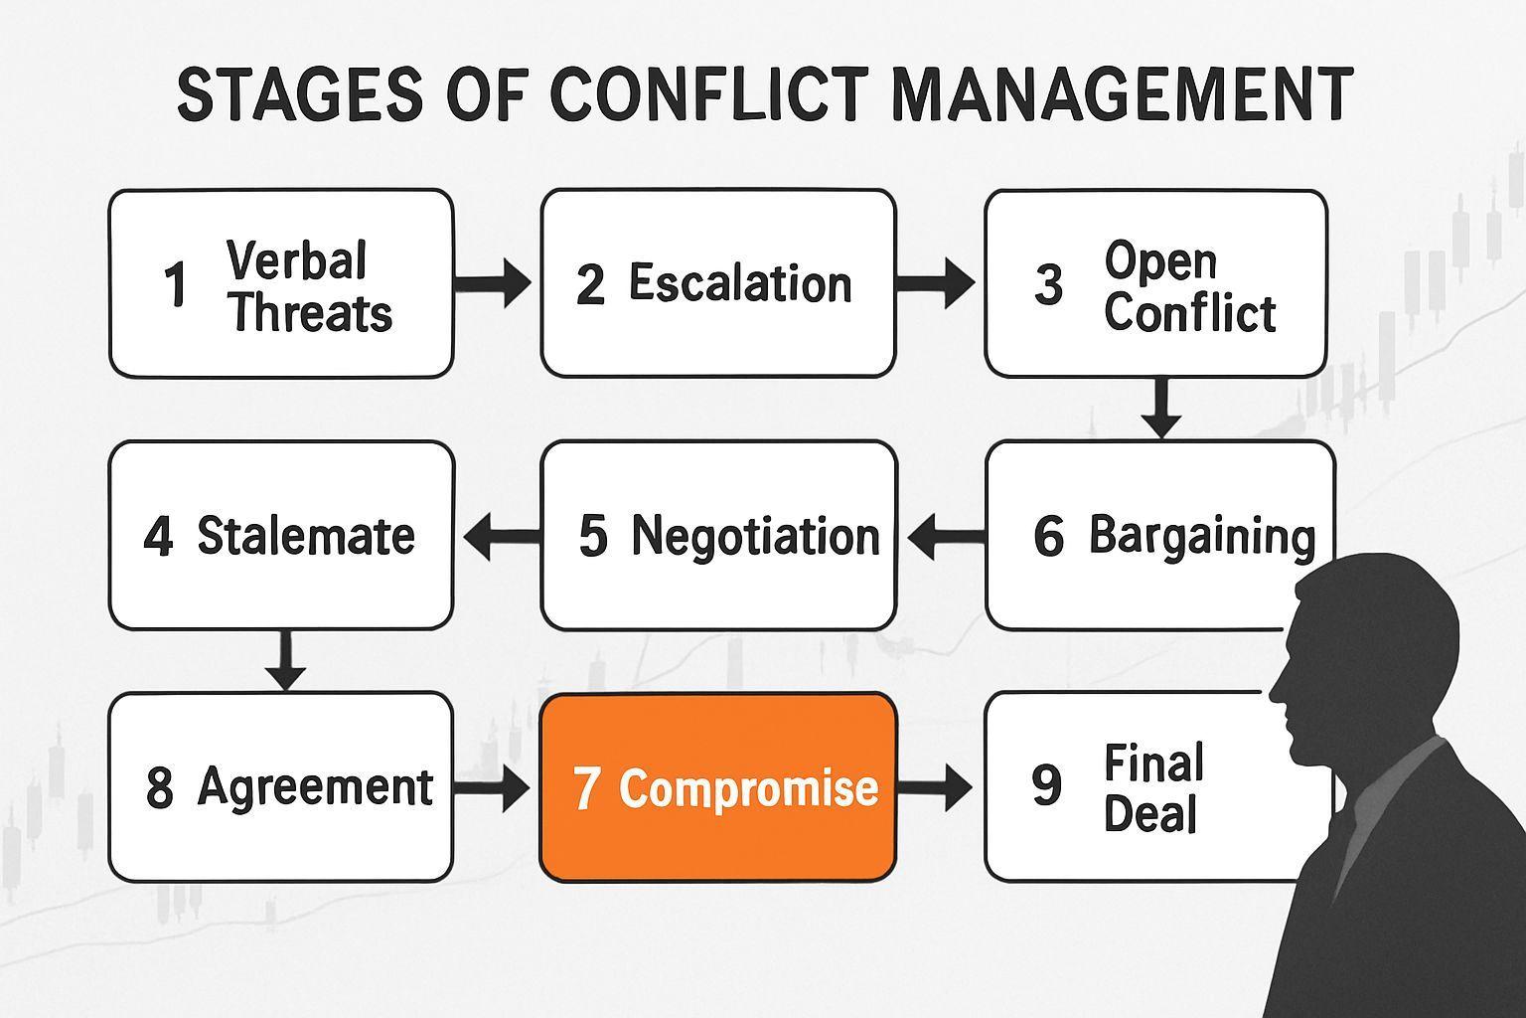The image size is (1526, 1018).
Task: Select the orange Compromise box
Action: pyautogui.click(x=717, y=787)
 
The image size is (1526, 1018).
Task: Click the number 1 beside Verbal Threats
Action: pyautogui.click(x=176, y=285)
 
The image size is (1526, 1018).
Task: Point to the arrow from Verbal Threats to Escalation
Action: pyautogui.click(x=493, y=283)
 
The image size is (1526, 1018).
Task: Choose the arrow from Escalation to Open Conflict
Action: pyautogui.click(x=935, y=283)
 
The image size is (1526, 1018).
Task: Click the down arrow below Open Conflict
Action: pyautogui.click(x=1159, y=408)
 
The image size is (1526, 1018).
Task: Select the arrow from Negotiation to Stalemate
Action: pyautogui.click(x=502, y=538)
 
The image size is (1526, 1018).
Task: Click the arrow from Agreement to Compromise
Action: pyautogui.click(x=492, y=789)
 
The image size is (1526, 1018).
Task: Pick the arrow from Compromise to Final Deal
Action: pyautogui.click(x=934, y=789)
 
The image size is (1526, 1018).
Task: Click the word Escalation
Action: pyautogui.click(x=740, y=283)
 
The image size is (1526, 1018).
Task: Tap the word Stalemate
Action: pyautogui.click(x=305, y=536)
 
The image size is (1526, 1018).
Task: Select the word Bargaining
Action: pyautogui.click(x=1202, y=536)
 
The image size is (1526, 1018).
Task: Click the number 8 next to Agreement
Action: pyautogui.click(x=159, y=788)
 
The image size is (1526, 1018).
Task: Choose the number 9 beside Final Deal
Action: pyautogui.click(x=1047, y=785)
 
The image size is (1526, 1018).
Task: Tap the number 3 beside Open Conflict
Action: pyautogui.click(x=1048, y=285)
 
